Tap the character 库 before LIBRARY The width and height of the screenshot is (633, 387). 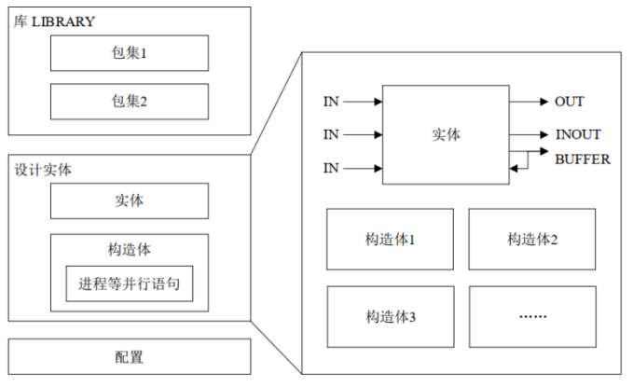tap(21, 21)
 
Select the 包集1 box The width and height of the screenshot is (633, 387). tap(130, 54)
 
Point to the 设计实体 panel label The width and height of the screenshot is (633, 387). tap(43, 171)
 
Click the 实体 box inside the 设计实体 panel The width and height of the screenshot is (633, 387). tap(129, 200)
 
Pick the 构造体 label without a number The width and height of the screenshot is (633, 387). tap(130, 249)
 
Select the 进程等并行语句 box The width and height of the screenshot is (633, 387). tap(130, 284)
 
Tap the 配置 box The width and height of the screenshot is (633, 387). tap(130, 357)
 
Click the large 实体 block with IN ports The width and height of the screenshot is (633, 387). tap(447, 134)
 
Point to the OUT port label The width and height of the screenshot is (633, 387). tap(569, 101)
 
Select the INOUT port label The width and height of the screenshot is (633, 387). tap(577, 134)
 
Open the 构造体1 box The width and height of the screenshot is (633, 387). tap(390, 240)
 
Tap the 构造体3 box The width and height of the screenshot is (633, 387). tap(390, 316)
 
